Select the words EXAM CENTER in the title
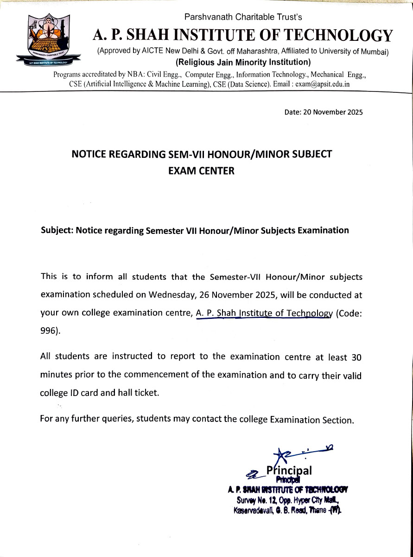click(x=202, y=170)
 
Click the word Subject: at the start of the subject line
click(x=57, y=230)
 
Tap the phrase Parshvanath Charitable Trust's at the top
click(x=243, y=17)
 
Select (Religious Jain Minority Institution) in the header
click(x=243, y=62)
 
